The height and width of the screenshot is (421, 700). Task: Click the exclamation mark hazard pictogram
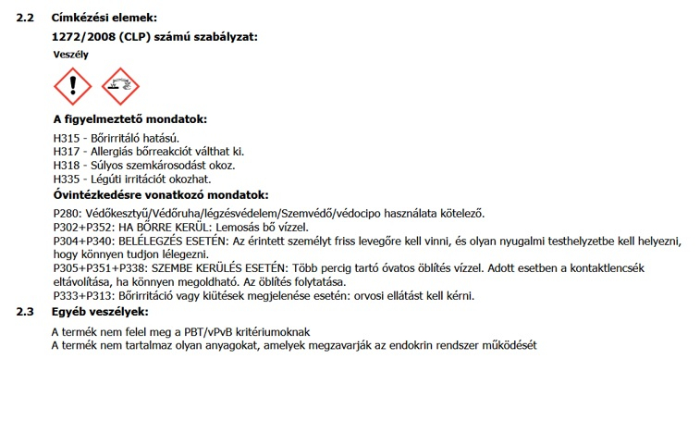[74, 87]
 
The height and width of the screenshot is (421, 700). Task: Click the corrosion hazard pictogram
[120, 87]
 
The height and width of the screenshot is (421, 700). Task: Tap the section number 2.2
[26, 18]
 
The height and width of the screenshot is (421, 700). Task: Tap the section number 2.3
[26, 312]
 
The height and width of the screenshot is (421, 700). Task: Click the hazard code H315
[67, 138]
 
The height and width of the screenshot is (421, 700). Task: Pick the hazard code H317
[67, 152]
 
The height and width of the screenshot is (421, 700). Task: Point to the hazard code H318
[67, 166]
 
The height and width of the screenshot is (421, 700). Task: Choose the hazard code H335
[67, 179]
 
